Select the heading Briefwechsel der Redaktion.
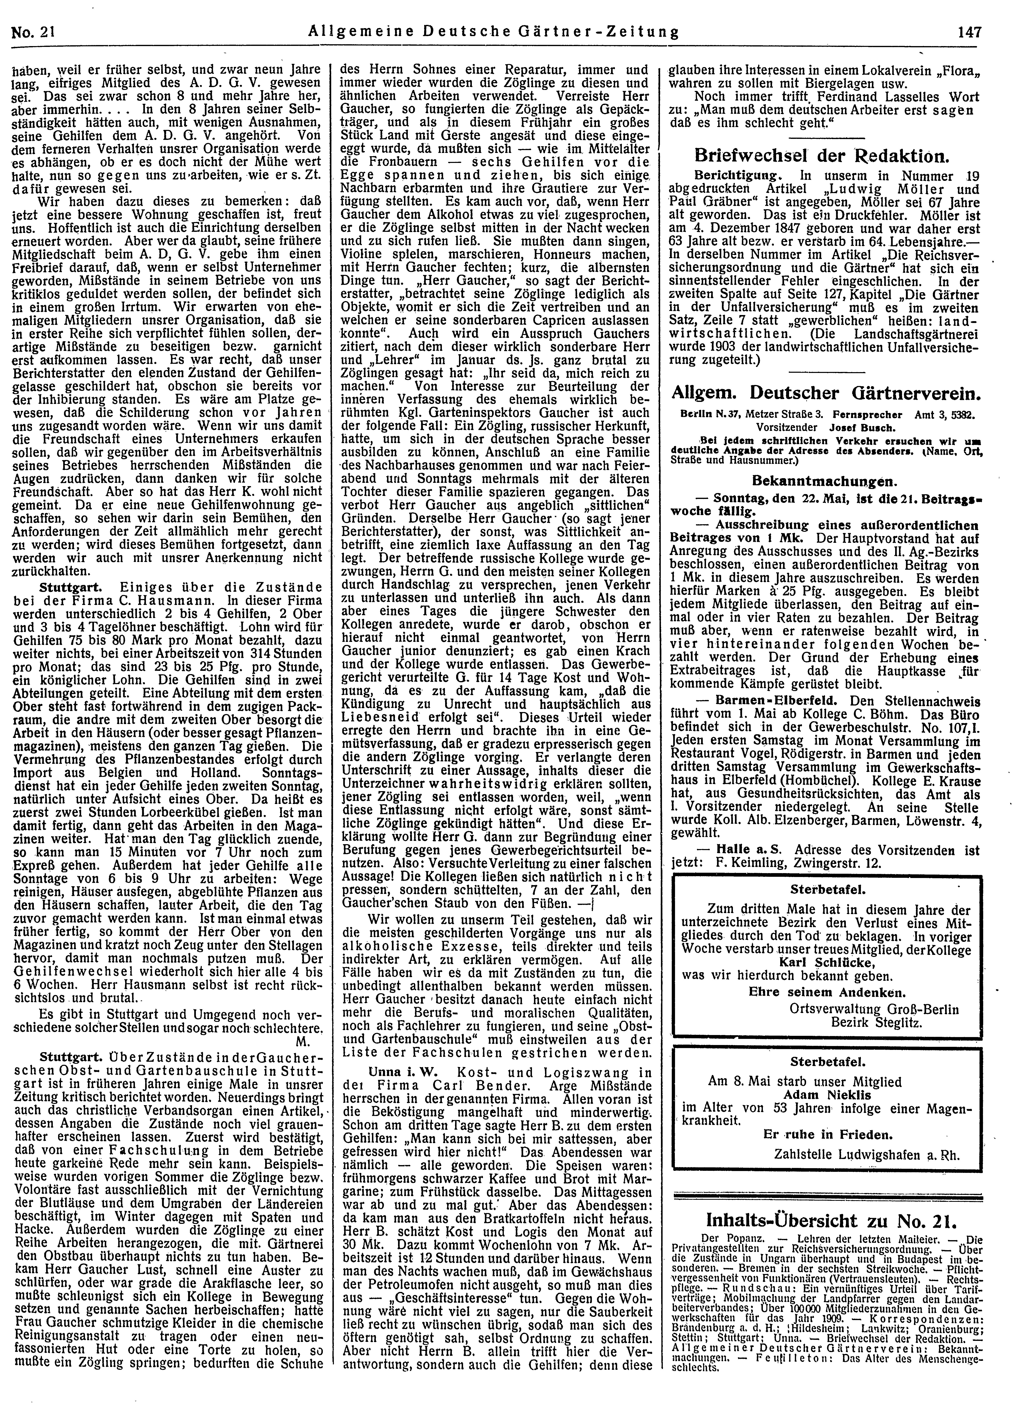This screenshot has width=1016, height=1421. click(x=823, y=156)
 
